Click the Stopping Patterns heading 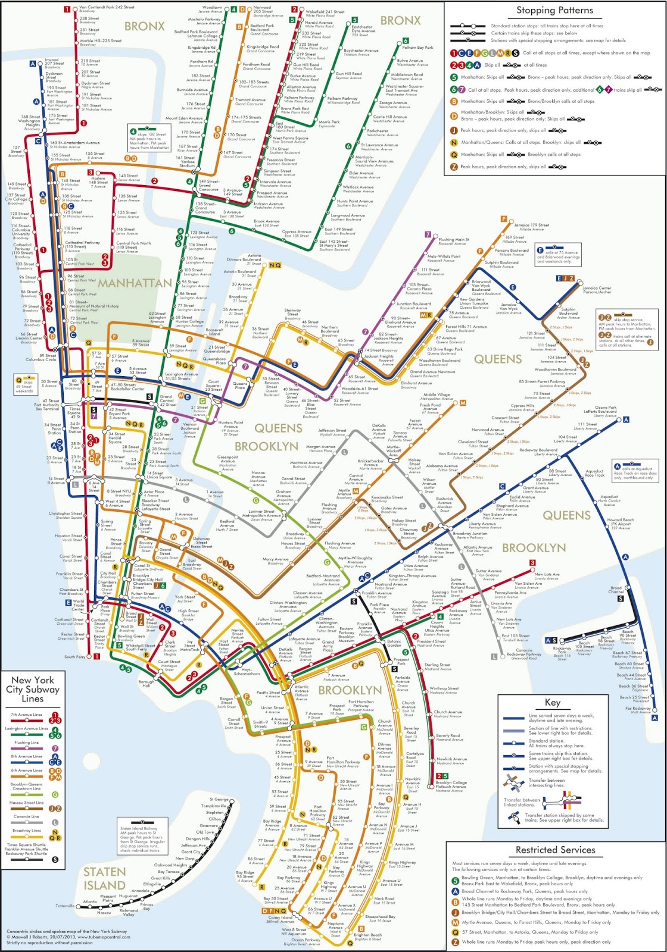[554, 10]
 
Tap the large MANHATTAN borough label [135, 283]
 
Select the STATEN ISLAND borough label [104, 878]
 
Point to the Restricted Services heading [555, 850]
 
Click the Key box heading [552, 702]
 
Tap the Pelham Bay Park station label [417, 47]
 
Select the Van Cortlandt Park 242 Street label [107, 8]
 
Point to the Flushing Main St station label [453, 241]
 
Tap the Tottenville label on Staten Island [65, 906]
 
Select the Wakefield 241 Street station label [325, 12]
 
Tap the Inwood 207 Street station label [52, 61]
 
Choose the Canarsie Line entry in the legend [26, 817]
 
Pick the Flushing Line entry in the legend [26, 743]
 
